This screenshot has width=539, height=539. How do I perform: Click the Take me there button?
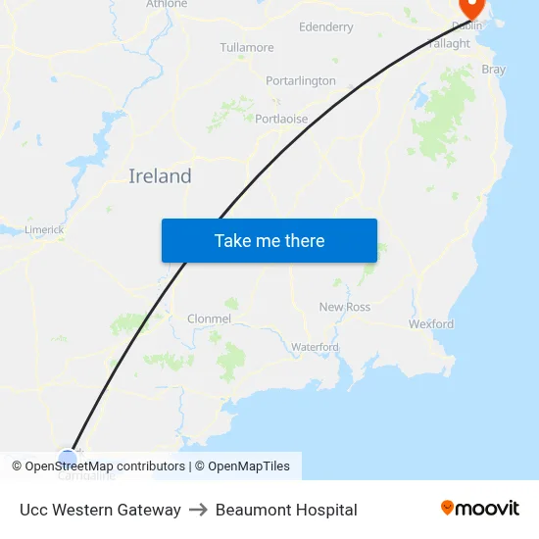click(269, 240)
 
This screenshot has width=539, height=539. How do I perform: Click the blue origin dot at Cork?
click(67, 457)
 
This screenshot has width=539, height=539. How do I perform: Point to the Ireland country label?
click(160, 176)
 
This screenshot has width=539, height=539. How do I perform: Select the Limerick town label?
click(44, 229)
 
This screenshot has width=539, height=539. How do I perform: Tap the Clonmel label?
click(209, 318)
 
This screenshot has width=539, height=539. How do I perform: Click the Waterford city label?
click(315, 347)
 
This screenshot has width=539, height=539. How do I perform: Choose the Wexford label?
click(431, 323)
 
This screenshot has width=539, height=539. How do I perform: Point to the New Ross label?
click(345, 307)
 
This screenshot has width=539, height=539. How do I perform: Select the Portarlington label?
click(301, 80)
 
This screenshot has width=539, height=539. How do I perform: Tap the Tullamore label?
click(247, 47)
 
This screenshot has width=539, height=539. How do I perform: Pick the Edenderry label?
click(326, 27)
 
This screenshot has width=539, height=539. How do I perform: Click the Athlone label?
click(167, 4)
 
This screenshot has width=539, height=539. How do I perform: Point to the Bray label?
click(494, 70)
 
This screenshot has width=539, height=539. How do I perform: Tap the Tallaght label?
click(450, 43)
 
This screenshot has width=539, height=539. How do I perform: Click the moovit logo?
click(480, 508)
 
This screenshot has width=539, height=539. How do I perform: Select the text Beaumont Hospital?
click(286, 510)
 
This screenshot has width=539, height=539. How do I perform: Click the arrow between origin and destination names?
click(198, 510)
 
